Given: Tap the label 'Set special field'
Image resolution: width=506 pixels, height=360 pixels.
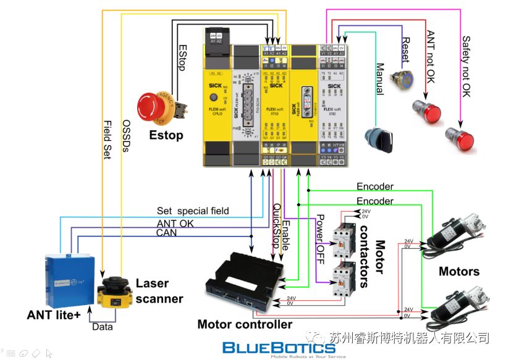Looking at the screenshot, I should tap(192, 211).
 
